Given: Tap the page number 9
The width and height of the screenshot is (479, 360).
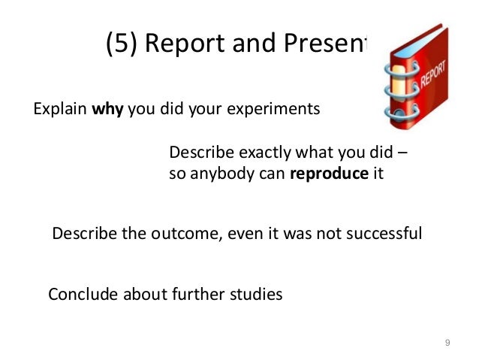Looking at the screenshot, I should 447,343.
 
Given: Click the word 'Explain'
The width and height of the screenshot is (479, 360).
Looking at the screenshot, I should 60,110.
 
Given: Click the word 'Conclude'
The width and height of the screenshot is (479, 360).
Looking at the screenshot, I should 81,294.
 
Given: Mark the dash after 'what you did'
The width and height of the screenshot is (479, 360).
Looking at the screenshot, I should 402,153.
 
